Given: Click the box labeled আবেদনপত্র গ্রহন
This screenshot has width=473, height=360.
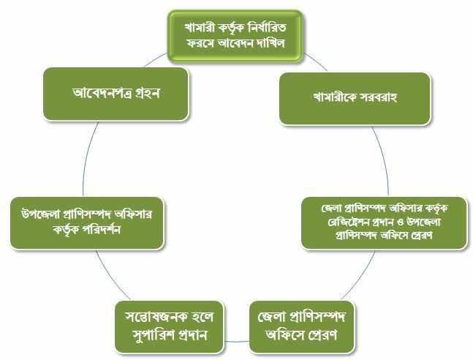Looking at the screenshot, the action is click(x=116, y=94).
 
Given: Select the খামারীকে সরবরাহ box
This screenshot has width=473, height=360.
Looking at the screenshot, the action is click(x=355, y=99).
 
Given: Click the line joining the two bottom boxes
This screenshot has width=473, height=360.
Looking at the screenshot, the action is click(x=237, y=342).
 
